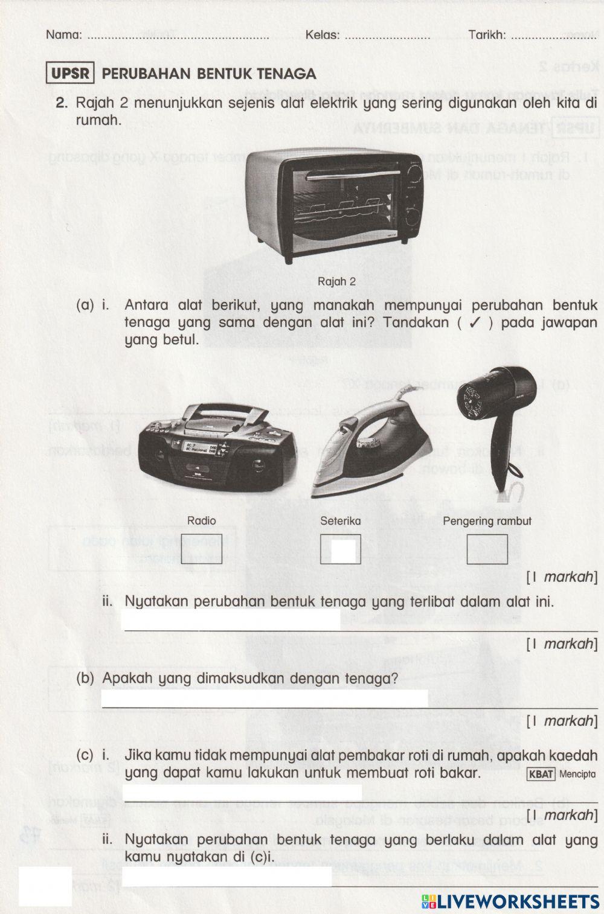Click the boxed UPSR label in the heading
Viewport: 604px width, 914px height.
pyautogui.click(x=70, y=74)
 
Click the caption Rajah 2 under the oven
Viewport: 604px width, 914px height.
pyautogui.click(x=336, y=281)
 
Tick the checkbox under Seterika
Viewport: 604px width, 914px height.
pyautogui.click(x=341, y=549)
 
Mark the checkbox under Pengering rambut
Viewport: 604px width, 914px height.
pyautogui.click(x=487, y=549)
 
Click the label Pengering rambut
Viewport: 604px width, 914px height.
pyautogui.click(x=487, y=521)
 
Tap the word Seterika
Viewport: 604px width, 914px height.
pyautogui.click(x=341, y=521)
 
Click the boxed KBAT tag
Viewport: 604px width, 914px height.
pyautogui.click(x=541, y=774)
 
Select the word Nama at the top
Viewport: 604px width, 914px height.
pyautogui.click(x=63, y=35)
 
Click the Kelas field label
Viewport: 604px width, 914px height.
pyautogui.click(x=322, y=35)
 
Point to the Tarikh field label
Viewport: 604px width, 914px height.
pyautogui.click(x=487, y=35)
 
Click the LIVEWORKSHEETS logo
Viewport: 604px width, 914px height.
pyautogui.click(x=510, y=901)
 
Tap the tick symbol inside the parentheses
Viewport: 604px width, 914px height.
pyautogui.click(x=475, y=323)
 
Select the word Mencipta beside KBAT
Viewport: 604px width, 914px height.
pyautogui.click(x=577, y=774)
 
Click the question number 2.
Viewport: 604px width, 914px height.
pyautogui.click(x=60, y=103)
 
